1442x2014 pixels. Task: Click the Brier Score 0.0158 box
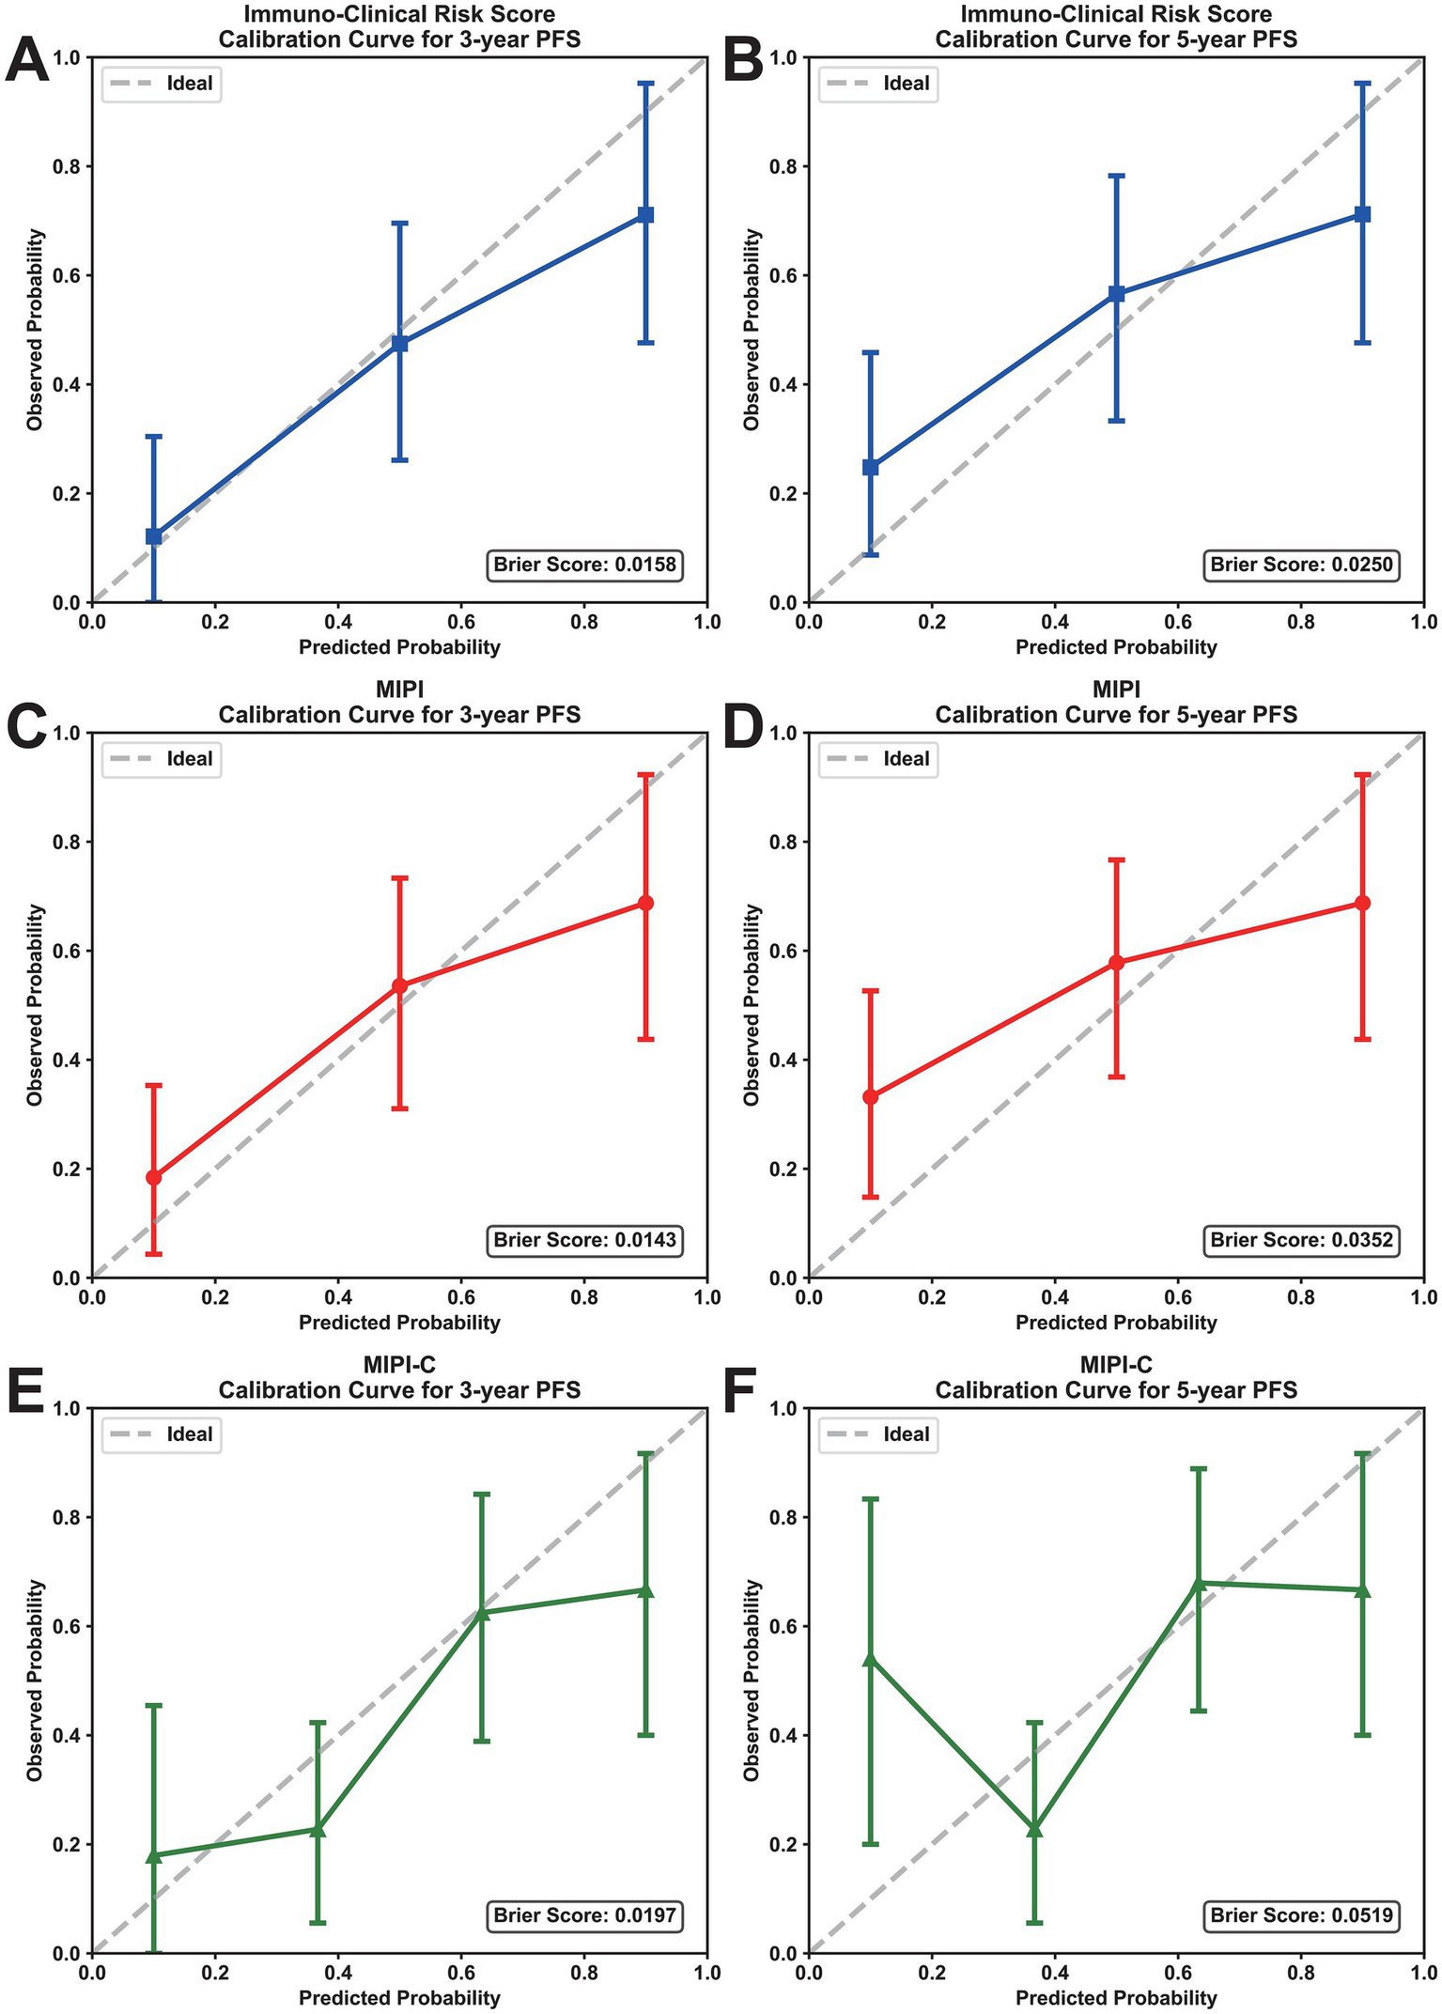click(584, 565)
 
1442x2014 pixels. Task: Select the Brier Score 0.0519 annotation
click(1301, 1915)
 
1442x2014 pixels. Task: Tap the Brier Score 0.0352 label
click(1301, 1240)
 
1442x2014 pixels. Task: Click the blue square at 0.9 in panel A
click(645, 215)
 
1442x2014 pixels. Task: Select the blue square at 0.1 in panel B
click(871, 467)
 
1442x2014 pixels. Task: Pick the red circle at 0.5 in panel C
click(399, 985)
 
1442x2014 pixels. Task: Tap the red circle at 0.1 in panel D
click(871, 1096)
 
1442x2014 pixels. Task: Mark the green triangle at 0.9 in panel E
click(645, 1589)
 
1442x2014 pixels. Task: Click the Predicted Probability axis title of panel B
click(1116, 647)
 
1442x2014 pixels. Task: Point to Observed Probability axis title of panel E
click(36, 1680)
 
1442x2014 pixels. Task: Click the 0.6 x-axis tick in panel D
click(1178, 1297)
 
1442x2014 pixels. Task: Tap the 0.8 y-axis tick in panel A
click(70, 167)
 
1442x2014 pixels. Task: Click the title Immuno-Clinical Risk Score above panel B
click(1116, 14)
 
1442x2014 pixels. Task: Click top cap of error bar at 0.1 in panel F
click(871, 1499)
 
